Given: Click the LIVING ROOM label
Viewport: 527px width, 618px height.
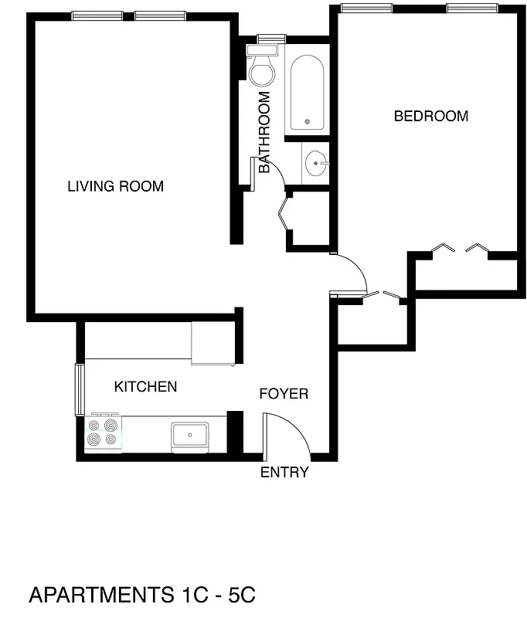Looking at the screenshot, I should [115, 186].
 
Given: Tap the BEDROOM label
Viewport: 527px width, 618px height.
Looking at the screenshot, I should [430, 117].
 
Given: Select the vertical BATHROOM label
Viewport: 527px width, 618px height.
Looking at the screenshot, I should [264, 132].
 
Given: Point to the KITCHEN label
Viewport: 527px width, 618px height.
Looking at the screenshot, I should [145, 386].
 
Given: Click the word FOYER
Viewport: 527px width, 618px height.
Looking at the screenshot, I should [283, 394].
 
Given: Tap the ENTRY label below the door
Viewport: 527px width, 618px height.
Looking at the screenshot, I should [284, 473].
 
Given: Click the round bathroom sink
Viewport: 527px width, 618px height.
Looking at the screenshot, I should [316, 163].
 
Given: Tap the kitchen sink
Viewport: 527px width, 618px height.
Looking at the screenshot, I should [189, 435].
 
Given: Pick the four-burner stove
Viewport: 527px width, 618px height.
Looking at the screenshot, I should [104, 433].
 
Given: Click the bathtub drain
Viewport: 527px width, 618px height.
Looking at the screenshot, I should [308, 122].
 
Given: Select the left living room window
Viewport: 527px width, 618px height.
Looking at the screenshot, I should [97, 15].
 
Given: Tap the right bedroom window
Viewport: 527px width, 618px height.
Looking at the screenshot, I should [471, 8].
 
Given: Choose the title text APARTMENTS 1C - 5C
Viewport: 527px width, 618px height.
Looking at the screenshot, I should [141, 595].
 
